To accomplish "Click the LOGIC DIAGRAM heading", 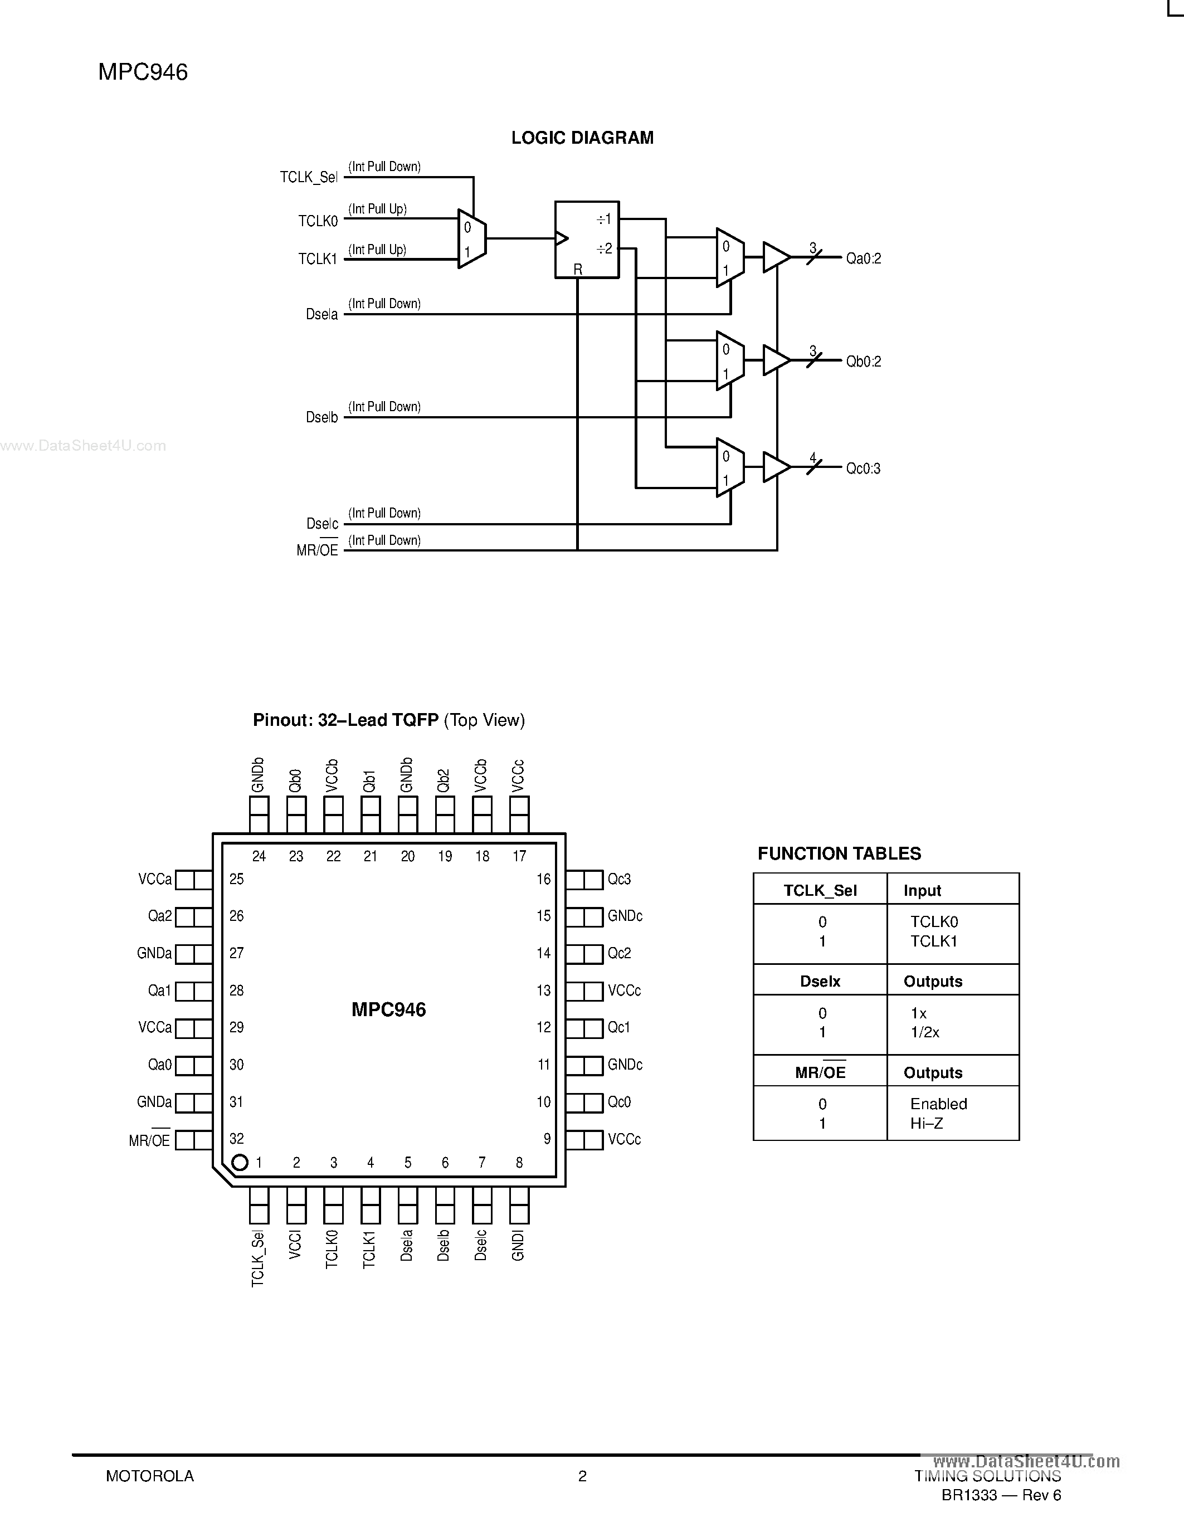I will [x=582, y=138].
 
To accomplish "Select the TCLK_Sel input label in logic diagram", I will [x=309, y=178].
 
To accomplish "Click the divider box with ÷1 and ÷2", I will [x=586, y=240].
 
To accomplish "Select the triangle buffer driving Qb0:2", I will [x=775, y=360].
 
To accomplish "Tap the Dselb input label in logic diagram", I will [x=322, y=417].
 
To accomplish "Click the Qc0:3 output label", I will [x=864, y=469].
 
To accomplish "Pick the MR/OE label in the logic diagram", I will [x=317, y=550].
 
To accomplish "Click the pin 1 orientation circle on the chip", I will [x=239, y=1162].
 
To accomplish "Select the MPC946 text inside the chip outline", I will [x=388, y=1009].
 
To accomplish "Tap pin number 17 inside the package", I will [x=519, y=856].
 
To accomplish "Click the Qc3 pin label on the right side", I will [x=620, y=880].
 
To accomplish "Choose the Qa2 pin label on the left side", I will [x=159, y=916].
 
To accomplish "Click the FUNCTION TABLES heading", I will [x=839, y=853].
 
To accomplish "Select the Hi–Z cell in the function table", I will [x=927, y=1123].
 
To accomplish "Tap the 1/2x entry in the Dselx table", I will [x=924, y=1032].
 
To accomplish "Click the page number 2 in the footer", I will [x=582, y=1476].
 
